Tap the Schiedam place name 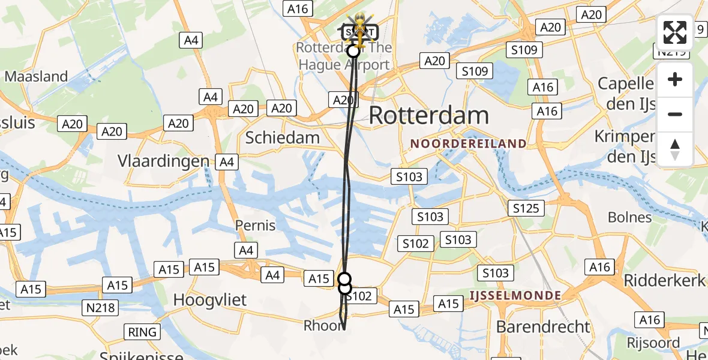coord(283,137)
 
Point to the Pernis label coord(256,226)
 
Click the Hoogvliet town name coord(209,299)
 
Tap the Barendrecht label coord(544,326)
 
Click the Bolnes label coord(629,217)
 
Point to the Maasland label coord(36,76)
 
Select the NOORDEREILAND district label coord(469,144)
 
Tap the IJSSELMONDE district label coord(515,295)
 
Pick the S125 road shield coord(526,208)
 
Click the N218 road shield coord(101,308)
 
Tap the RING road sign coord(142,332)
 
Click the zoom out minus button coord(675,115)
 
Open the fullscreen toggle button coord(675,32)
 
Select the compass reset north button coord(675,149)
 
